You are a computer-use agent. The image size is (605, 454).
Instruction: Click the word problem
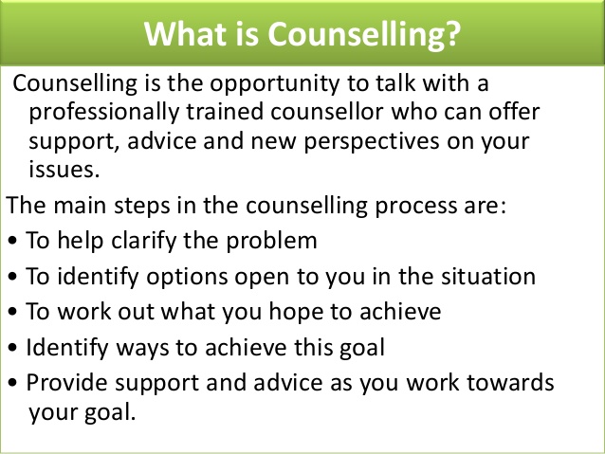(x=275, y=241)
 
